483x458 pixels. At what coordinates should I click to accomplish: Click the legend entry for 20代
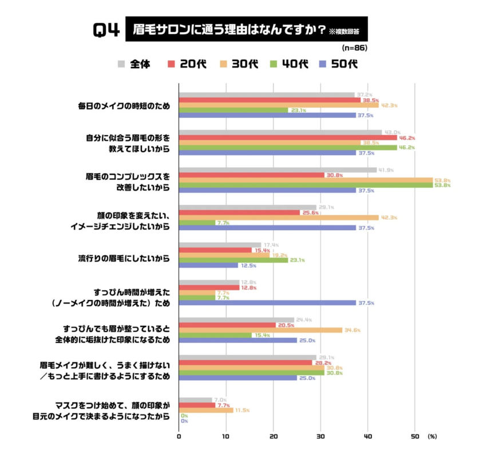pyautogui.click(x=187, y=64)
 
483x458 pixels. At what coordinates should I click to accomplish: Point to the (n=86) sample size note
pyautogui.click(x=354, y=48)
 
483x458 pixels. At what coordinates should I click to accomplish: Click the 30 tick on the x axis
pyautogui.click(x=320, y=437)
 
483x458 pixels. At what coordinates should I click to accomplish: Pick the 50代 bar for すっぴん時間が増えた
pyautogui.click(x=267, y=303)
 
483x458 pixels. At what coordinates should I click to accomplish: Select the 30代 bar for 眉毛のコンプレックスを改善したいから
pyautogui.click(x=306, y=180)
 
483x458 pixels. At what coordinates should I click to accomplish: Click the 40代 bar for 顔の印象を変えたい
pyautogui.click(x=197, y=223)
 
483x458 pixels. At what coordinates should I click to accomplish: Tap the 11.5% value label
pyautogui.click(x=243, y=410)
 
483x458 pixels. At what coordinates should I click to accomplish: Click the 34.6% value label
pyautogui.click(x=353, y=330)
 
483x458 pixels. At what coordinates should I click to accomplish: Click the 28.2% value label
pyautogui.click(x=322, y=362)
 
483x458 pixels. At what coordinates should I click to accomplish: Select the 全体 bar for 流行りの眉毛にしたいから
pyautogui.click(x=220, y=245)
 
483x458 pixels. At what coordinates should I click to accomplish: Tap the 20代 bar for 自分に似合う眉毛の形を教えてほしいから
pyautogui.click(x=288, y=137)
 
